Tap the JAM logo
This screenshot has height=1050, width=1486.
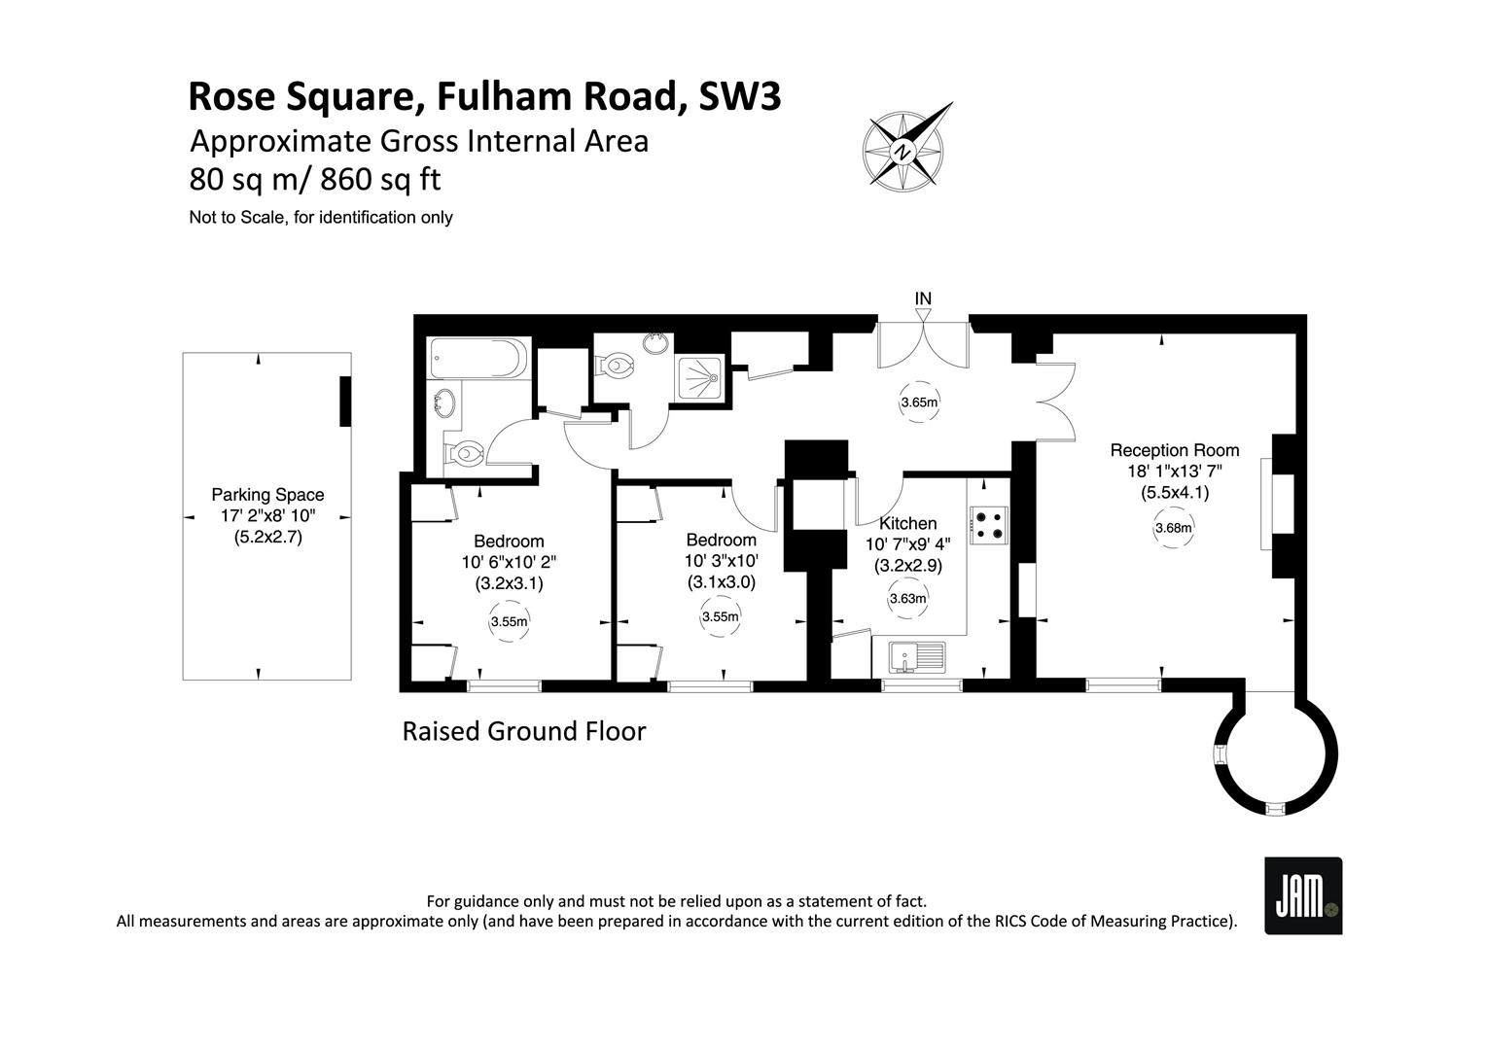(1303, 895)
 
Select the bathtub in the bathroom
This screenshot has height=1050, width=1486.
(478, 358)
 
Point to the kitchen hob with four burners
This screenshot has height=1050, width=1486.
(988, 525)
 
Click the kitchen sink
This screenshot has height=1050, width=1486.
(918, 657)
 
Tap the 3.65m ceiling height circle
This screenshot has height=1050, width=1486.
(919, 402)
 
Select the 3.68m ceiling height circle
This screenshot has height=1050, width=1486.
(1174, 528)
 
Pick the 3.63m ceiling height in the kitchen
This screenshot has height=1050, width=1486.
(907, 598)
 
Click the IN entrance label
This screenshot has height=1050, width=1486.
(923, 299)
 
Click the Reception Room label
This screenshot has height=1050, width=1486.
(1174, 450)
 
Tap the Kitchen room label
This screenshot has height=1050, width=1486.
(907, 523)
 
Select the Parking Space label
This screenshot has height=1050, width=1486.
(267, 495)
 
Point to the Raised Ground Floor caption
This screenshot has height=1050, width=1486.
(524, 732)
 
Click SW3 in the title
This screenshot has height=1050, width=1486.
(740, 96)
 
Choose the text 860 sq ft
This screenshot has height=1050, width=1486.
(381, 180)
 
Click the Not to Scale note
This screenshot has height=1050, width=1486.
(321, 218)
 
